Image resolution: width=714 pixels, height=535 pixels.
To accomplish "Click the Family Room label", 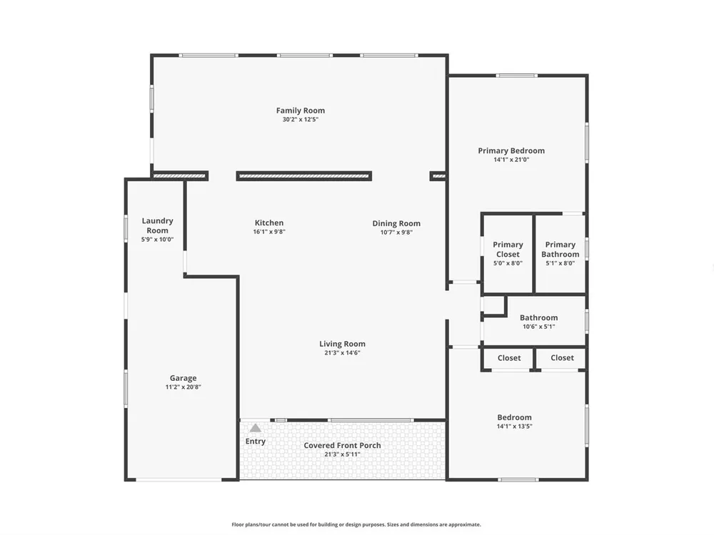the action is click(301, 111).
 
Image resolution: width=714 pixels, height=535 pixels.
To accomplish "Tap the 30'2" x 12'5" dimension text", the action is click(301, 120).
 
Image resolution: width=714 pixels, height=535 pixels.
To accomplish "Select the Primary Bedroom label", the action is click(511, 151).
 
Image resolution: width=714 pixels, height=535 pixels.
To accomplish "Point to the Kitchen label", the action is click(269, 223).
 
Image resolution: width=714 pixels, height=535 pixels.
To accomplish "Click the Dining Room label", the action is click(396, 223).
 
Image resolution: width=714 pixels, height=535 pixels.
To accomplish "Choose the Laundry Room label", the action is click(158, 225).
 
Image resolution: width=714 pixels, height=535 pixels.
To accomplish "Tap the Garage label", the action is click(183, 378).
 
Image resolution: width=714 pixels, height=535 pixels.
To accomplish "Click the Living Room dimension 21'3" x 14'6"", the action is click(343, 352).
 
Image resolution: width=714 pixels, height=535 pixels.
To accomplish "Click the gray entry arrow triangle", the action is click(256, 427).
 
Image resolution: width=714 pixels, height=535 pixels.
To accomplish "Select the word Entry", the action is click(256, 442).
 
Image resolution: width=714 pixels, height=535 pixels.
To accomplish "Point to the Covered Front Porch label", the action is click(343, 445).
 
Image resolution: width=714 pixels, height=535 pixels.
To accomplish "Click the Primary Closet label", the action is click(508, 249).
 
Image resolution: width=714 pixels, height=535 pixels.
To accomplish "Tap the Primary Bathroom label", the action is click(560, 249).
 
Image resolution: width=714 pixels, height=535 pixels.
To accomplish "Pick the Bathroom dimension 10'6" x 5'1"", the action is click(539, 327).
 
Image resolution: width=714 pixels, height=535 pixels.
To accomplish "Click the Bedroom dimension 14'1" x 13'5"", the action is click(515, 427).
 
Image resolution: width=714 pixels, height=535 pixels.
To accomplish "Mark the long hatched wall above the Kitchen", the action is click(304, 176).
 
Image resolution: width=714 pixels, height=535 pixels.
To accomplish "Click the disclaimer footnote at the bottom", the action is click(356, 524).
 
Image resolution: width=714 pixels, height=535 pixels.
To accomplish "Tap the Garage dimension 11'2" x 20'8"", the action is click(183, 387).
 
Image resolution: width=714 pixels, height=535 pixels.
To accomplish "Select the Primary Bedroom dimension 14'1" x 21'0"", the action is click(511, 160).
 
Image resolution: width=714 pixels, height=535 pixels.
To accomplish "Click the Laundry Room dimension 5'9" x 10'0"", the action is click(158, 239).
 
